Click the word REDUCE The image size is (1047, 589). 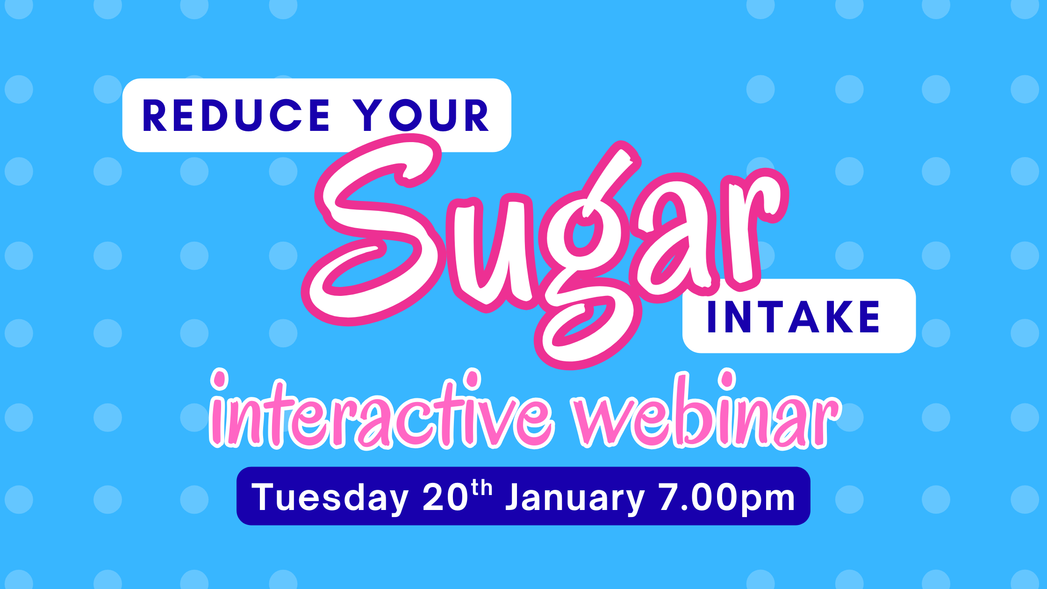click(x=236, y=115)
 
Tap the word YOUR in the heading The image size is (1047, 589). click(x=421, y=115)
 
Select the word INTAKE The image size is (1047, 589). click(x=794, y=317)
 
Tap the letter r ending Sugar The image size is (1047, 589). click(x=748, y=224)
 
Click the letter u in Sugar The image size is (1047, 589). click(x=491, y=248)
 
